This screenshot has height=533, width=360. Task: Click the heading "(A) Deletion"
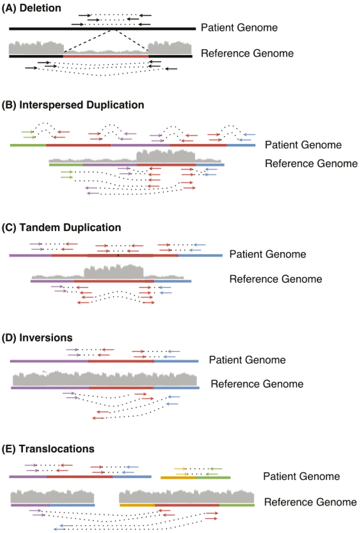coord(31,8)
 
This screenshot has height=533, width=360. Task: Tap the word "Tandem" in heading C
coord(40,227)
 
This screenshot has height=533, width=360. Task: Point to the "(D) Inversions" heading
coord(37,338)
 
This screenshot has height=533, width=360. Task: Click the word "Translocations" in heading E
coord(57,448)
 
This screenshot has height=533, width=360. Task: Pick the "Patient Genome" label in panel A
coord(239,28)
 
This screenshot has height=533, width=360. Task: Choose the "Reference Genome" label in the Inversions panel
coord(257,384)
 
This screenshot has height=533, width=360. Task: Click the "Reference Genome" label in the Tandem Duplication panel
coord(276,279)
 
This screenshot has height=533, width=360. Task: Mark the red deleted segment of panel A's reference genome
coord(106,56)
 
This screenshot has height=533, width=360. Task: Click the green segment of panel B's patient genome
coord(28,145)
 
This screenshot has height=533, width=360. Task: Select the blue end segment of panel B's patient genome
coord(241,145)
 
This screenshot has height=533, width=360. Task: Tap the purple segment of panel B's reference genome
coord(110,164)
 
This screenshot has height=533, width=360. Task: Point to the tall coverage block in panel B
coord(166,156)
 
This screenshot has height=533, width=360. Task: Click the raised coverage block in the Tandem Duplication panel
coord(114,271)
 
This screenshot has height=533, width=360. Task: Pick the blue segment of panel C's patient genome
coord(200,255)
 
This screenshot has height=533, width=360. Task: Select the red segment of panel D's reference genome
coord(121,388)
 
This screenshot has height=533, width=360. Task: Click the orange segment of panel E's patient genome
coord(178,477)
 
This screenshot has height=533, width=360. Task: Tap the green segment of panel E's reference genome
coord(237,505)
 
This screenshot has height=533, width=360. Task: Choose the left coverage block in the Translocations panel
coord(53,496)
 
